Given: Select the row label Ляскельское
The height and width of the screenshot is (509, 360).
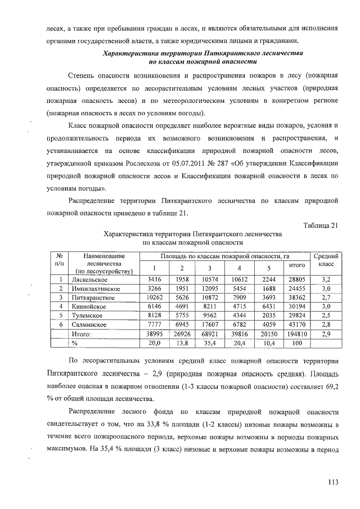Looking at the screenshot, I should click(x=89, y=279).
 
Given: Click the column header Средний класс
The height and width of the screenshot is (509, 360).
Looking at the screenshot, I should click(x=326, y=260).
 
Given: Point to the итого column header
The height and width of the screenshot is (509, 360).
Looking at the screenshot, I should click(x=296, y=265).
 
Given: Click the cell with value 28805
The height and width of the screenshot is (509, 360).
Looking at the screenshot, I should click(x=296, y=279).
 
